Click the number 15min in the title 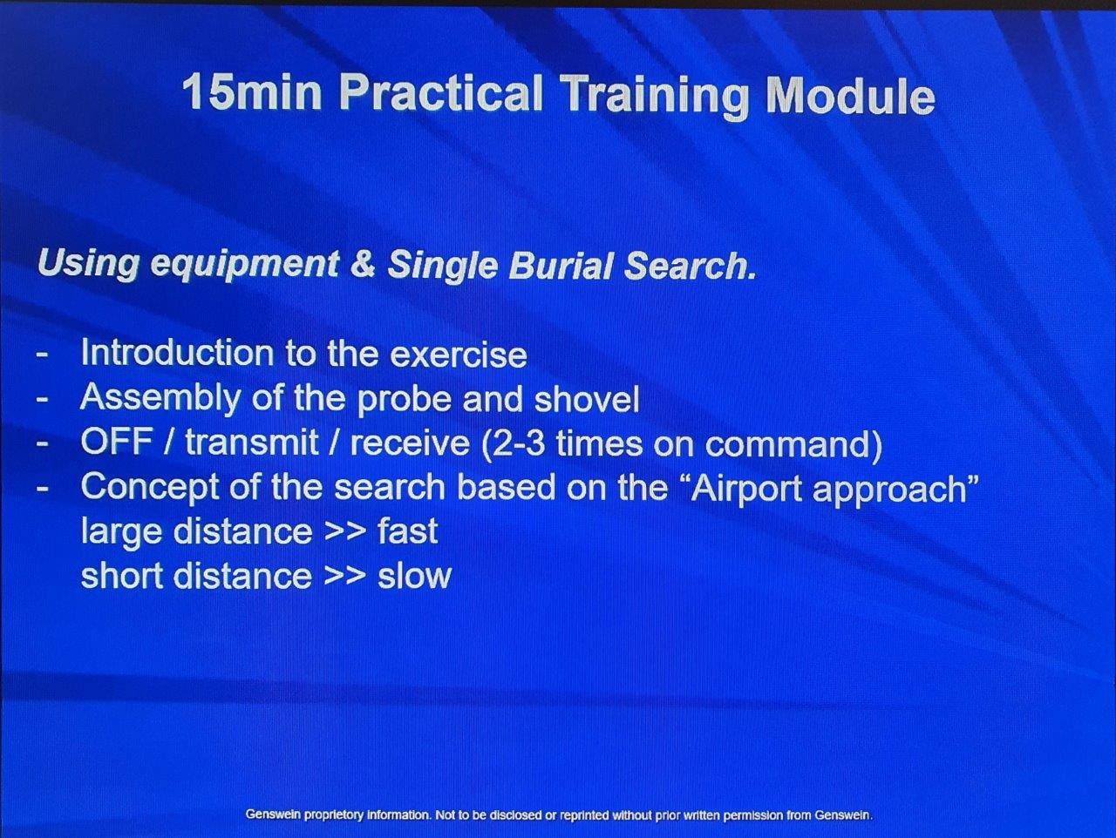point(252,92)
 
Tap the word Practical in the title point(441,93)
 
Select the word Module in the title point(851,97)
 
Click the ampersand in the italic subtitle point(363,265)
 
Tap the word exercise point(459,355)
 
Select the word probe point(404,400)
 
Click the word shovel point(586,399)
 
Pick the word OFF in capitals point(117,443)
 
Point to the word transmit point(252,443)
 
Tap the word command point(786,444)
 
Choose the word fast point(407,531)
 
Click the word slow point(414,576)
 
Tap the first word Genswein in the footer point(276,815)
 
